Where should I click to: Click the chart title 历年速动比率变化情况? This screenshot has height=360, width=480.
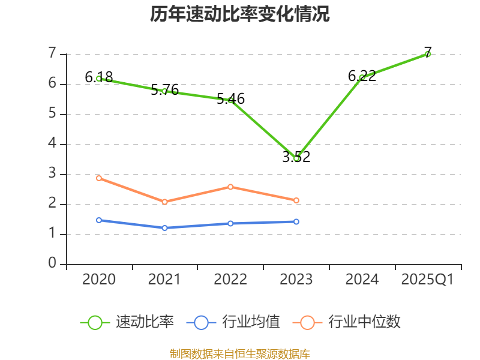240,14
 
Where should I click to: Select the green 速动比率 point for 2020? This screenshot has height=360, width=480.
99,79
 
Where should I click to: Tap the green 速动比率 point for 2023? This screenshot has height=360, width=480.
296,158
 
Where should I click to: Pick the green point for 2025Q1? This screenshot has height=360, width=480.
428,54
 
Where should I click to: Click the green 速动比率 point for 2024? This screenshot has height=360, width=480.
362,78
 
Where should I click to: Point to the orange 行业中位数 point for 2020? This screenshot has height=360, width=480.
99,178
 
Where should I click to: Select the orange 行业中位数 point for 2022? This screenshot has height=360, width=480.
230,187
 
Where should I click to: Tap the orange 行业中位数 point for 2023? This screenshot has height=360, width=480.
296,200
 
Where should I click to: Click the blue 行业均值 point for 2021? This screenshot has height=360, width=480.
164,228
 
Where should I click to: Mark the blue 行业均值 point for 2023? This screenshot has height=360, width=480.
296,221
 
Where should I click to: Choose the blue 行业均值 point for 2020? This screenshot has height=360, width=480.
99,220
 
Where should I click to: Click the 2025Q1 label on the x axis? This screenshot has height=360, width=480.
427,280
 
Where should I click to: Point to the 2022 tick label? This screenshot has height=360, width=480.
230,280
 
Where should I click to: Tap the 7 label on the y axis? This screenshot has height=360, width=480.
52,53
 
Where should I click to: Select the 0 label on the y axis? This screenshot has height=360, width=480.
52,263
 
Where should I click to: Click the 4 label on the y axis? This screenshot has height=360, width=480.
52,143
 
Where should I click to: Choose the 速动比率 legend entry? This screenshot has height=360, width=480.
127,322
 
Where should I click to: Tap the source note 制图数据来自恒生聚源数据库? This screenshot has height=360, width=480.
240,353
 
